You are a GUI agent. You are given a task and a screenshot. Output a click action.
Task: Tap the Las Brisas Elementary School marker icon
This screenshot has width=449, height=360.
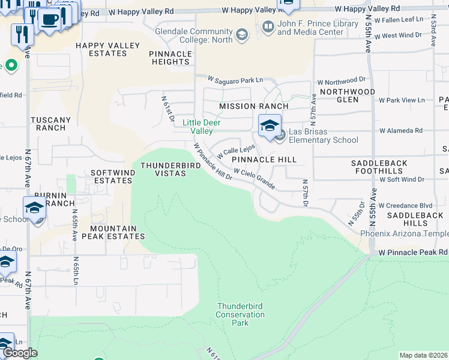click(x=270, y=126)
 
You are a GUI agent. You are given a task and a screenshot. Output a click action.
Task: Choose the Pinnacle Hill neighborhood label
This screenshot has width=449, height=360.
click(x=264, y=160)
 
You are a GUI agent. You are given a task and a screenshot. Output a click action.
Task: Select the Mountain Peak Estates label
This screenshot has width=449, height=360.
click(x=118, y=232)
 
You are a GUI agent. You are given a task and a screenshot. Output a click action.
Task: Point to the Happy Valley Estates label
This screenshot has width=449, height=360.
click(x=107, y=49)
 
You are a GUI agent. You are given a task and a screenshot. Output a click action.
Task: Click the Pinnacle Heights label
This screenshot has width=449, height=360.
click(x=170, y=58)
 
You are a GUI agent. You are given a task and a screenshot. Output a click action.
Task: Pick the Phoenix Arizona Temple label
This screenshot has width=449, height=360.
click(x=404, y=233)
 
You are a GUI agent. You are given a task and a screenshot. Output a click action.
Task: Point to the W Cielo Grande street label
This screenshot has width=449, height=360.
click(x=255, y=179)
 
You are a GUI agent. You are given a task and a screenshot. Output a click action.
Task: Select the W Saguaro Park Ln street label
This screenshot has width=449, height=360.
click(x=235, y=79)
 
